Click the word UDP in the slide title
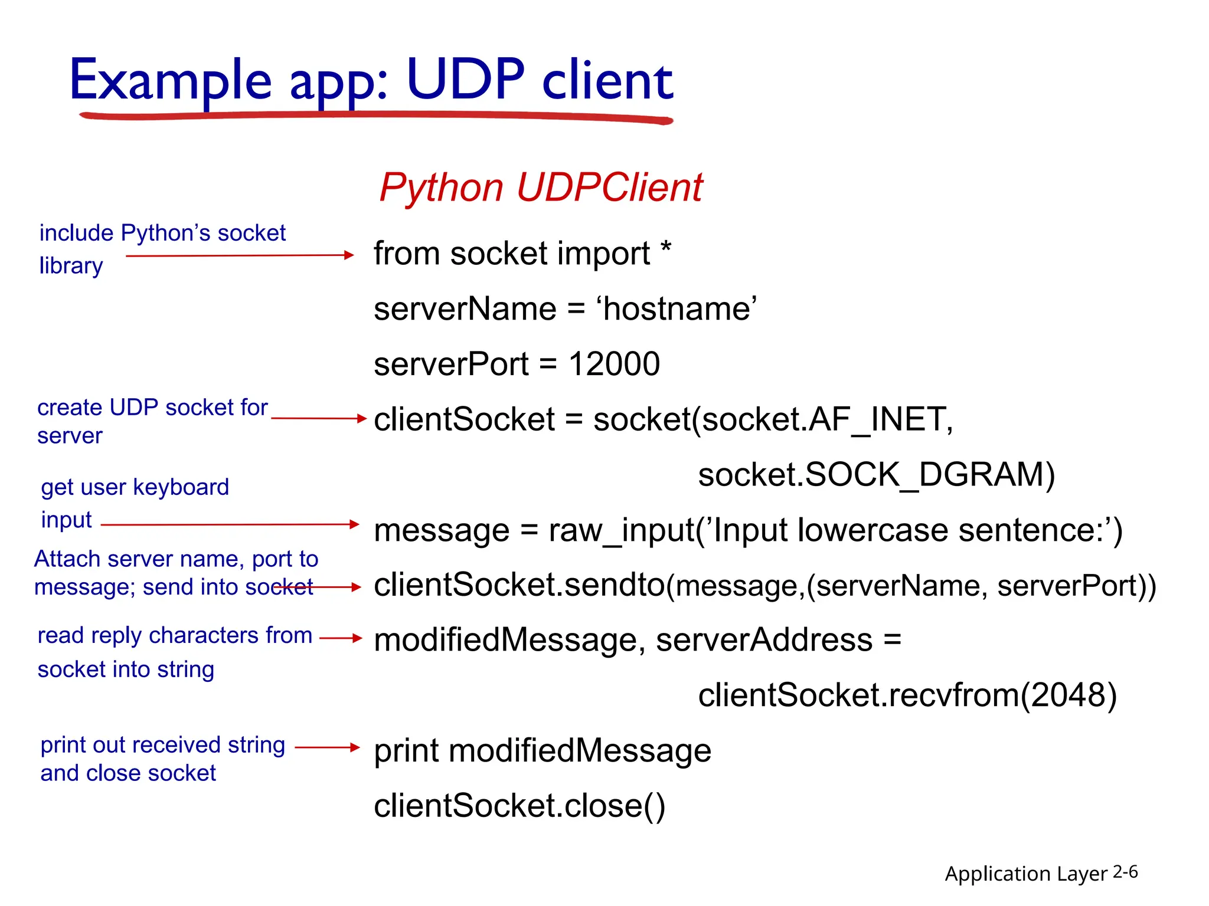click(465, 80)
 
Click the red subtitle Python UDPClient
click(540, 188)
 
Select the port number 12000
click(614, 364)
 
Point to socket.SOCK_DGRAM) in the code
click(876, 475)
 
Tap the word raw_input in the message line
click(622, 530)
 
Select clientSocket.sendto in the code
click(519, 585)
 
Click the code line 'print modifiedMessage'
click(542, 751)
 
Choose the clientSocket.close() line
click(519, 806)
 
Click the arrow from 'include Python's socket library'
click(239, 255)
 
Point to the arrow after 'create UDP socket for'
click(319, 418)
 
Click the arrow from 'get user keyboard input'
click(230, 524)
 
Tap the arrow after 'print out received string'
click(327, 747)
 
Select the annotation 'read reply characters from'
click(175, 635)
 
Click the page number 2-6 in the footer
click(1125, 872)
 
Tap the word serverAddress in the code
click(764, 640)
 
